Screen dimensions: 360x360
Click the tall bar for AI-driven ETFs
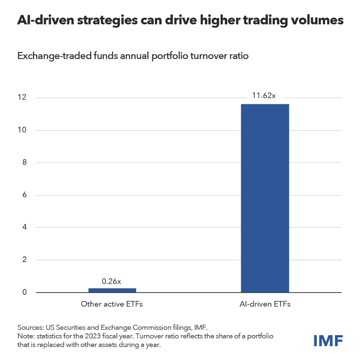[265, 198]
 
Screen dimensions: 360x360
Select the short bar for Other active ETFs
[112, 290]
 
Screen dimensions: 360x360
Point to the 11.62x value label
[264, 95]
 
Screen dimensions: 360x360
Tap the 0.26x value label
[111, 281]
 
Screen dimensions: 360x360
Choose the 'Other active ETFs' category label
[112, 304]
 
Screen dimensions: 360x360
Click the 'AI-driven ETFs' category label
[265, 304]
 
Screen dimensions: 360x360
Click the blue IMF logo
[328, 340]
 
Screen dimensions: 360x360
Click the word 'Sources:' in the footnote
[30, 327]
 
